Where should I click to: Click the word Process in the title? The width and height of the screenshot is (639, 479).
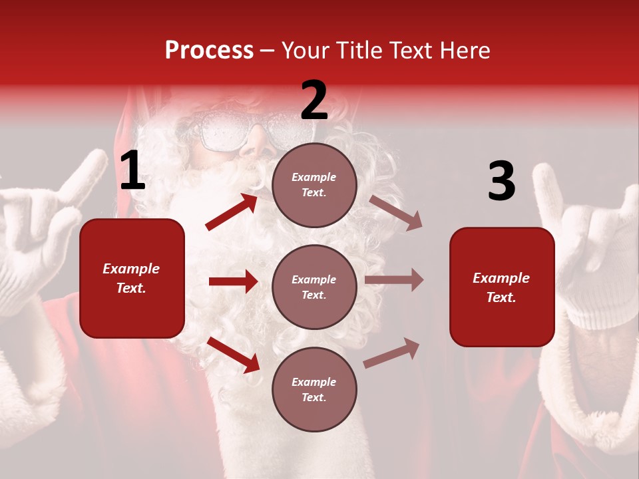click(x=209, y=51)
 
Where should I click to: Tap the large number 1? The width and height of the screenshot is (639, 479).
click(x=132, y=172)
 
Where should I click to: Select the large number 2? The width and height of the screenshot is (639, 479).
click(x=314, y=100)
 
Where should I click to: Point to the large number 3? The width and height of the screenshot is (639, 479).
click(x=501, y=182)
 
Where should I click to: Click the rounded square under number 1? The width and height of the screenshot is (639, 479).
click(x=132, y=278)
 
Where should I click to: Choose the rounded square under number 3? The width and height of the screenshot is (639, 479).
click(x=502, y=287)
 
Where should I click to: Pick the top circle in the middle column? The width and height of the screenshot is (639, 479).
click(x=314, y=185)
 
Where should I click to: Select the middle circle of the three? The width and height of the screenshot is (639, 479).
click(x=314, y=287)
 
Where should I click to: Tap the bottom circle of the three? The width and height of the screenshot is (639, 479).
click(x=314, y=389)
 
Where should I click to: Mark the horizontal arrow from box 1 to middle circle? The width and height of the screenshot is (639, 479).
click(x=233, y=281)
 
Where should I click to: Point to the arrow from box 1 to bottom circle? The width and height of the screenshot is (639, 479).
click(x=234, y=354)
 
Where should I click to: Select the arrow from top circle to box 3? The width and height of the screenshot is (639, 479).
click(x=396, y=213)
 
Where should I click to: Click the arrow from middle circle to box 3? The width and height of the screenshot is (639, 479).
click(x=394, y=280)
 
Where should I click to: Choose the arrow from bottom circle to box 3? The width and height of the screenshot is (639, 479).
click(x=392, y=353)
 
